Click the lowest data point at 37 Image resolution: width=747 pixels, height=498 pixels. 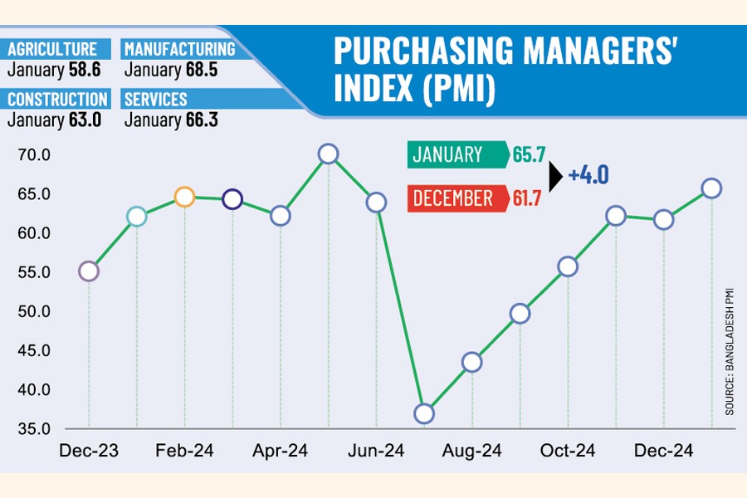(424, 413)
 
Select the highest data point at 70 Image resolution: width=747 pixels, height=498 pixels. (328, 154)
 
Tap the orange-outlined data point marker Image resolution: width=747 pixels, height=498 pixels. (184, 198)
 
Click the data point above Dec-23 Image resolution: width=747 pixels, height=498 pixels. (89, 271)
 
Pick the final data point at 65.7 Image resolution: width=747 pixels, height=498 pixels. (711, 188)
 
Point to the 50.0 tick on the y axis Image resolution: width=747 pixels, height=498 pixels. (33, 311)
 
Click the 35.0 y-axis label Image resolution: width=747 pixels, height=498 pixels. (33, 429)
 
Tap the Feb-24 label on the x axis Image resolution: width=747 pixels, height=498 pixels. (184, 451)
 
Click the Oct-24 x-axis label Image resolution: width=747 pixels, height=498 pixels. (568, 451)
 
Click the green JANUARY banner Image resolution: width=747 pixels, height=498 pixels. (456, 154)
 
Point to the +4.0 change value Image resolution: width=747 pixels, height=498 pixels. (589, 176)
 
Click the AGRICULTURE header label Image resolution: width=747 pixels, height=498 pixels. (53, 50)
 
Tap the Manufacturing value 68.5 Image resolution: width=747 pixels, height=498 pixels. (200, 71)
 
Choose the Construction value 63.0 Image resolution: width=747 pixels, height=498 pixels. (85, 120)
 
